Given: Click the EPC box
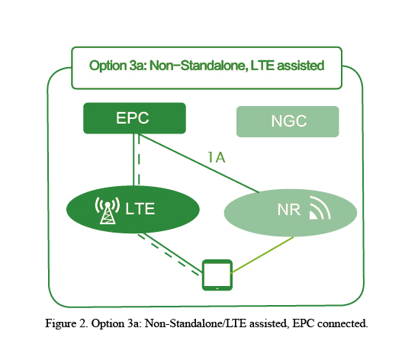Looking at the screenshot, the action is click(x=134, y=118).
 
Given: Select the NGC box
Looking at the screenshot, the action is click(x=288, y=121).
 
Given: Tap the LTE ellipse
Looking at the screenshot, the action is click(x=133, y=209).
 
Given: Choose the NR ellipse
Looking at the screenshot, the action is click(x=291, y=213).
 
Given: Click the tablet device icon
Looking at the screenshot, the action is click(x=217, y=275).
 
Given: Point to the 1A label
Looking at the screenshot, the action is click(x=217, y=157).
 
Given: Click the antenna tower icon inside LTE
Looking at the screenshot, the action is click(x=108, y=211).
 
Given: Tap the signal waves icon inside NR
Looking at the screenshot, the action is click(x=320, y=207).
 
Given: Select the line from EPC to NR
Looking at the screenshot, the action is click(x=199, y=163).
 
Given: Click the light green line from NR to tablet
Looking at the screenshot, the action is click(x=262, y=255).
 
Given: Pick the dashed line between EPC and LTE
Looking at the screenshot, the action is click(x=139, y=159).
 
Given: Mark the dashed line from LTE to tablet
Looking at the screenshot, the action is click(x=169, y=255).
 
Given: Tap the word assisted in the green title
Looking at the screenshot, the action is click(x=301, y=66).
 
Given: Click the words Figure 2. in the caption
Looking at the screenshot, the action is click(x=66, y=323).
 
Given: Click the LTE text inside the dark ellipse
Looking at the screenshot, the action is click(x=140, y=209).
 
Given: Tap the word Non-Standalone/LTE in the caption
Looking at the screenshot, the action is click(x=195, y=323).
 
